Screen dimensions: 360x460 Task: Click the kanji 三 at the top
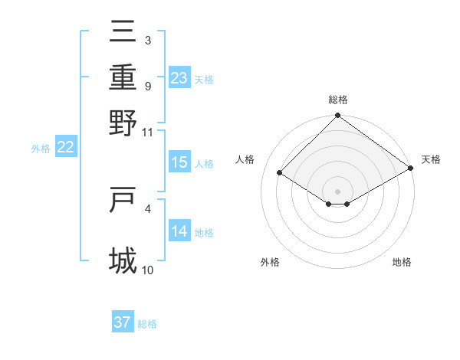(x=123, y=32)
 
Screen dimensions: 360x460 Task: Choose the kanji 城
(x=123, y=260)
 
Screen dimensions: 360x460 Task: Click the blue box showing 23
(x=179, y=78)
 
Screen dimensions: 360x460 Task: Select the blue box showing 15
(x=179, y=162)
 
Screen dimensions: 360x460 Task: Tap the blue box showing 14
(x=179, y=231)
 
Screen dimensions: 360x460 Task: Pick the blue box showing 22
(x=65, y=148)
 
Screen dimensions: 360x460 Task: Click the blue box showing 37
(x=123, y=322)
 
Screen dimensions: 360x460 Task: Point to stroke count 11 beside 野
(x=148, y=132)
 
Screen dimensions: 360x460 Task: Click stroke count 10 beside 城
(x=148, y=270)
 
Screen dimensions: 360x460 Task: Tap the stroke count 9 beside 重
(x=148, y=86)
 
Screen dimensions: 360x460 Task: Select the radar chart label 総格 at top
(x=337, y=99)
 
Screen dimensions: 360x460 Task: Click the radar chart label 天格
(x=431, y=159)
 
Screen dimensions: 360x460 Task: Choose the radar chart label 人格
(x=245, y=159)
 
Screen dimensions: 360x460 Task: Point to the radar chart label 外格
(x=270, y=262)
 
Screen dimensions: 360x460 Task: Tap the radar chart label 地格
(x=402, y=262)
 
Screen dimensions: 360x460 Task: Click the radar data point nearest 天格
(x=411, y=168)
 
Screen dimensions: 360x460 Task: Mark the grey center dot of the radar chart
(x=337, y=191)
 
